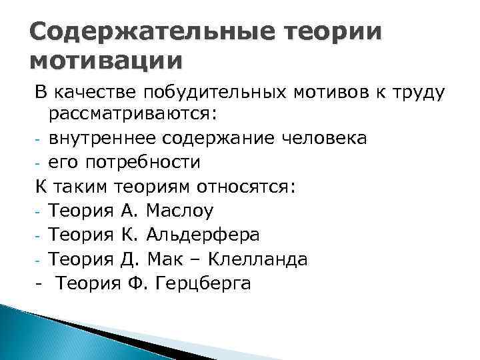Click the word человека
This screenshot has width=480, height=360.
[324, 138]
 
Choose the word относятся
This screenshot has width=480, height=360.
[237, 186]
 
